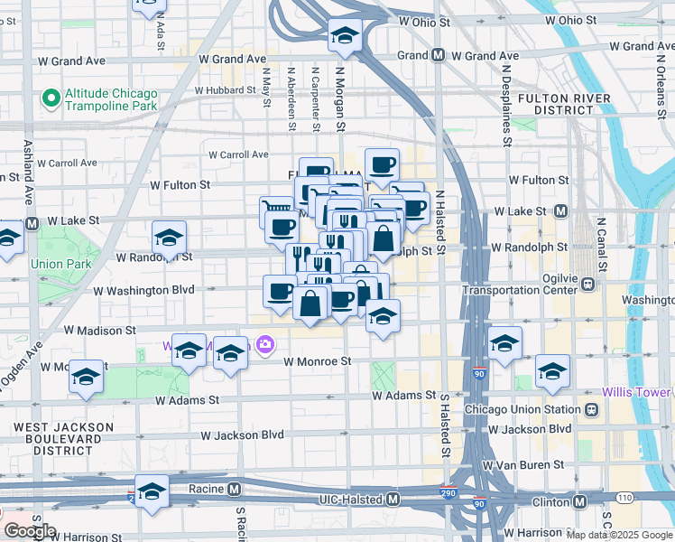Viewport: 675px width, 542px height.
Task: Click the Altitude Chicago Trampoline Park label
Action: point(110,99)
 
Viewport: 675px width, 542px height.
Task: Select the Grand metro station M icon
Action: point(438,56)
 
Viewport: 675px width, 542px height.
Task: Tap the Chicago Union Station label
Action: point(523,409)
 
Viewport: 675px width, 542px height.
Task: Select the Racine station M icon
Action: point(234,489)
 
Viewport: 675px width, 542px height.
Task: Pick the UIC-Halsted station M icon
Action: point(393,500)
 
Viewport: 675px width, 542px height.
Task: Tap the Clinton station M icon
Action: point(578,500)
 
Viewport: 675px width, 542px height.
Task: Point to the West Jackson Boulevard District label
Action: point(63,436)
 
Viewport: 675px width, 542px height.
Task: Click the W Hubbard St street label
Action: point(226,90)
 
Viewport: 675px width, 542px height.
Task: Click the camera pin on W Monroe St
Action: point(265,344)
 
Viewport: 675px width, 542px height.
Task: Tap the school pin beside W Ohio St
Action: point(344,36)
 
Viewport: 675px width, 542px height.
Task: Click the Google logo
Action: point(30,531)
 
